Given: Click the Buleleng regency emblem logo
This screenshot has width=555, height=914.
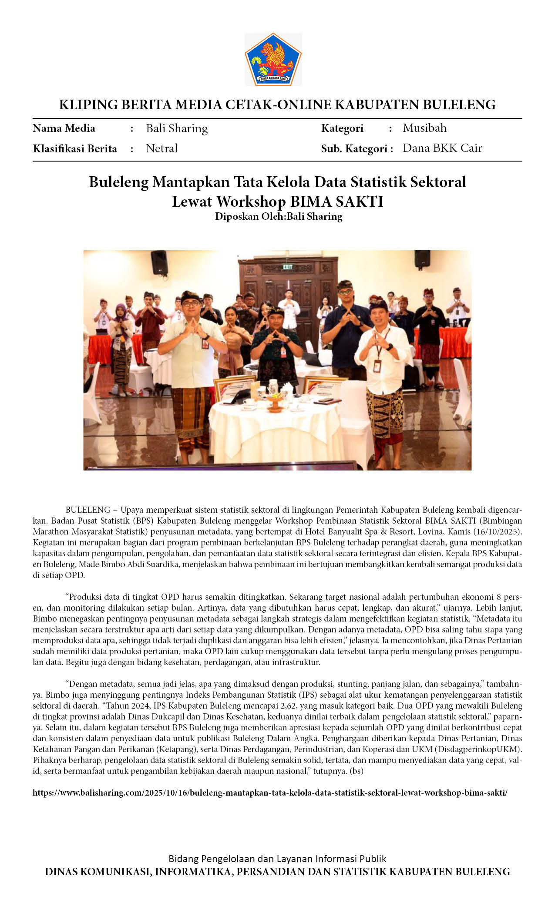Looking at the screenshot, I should click(x=273, y=59).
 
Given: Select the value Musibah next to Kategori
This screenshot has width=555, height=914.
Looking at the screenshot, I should click(x=424, y=128).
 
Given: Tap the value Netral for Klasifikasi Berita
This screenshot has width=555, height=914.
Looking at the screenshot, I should click(x=161, y=148).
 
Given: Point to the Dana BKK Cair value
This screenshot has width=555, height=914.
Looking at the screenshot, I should click(x=442, y=148).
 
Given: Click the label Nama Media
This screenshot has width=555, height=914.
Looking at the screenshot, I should click(x=64, y=128).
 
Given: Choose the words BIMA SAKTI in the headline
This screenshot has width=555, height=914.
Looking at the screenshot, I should click(x=336, y=202).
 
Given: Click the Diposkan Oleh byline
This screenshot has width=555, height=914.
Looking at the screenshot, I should click(x=278, y=216).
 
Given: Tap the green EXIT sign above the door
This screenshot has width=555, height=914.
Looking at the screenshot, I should click(x=287, y=266).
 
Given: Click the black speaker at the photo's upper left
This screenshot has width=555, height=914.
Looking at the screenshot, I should click(x=159, y=262).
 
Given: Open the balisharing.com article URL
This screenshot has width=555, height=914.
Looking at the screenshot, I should click(x=270, y=793).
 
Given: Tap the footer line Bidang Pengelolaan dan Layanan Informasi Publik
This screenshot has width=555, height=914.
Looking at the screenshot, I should click(x=277, y=859).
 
